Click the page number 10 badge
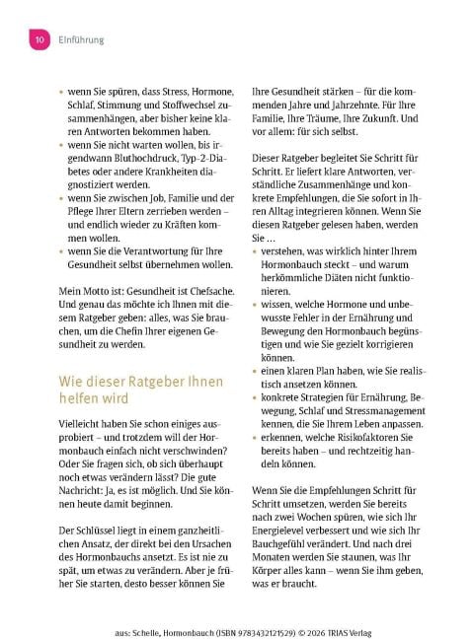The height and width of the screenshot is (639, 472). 39,39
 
